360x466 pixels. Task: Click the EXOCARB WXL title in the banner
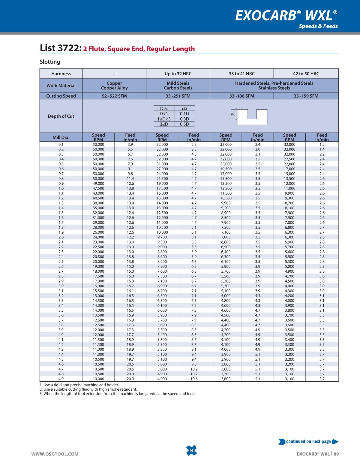[x=286, y=15]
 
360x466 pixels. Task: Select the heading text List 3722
[x=60, y=48]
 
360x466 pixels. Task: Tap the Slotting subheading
[x=50, y=62]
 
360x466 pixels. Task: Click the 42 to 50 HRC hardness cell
[x=306, y=74]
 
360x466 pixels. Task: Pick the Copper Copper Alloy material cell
[x=114, y=86]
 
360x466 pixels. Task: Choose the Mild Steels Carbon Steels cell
[x=178, y=86]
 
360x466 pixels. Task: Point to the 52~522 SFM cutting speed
[x=114, y=96]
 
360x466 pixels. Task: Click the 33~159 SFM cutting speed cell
[x=306, y=96]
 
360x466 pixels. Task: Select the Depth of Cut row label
[x=61, y=116]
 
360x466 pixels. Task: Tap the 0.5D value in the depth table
[x=184, y=124]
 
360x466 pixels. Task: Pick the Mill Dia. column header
[x=61, y=138]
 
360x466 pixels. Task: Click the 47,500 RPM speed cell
[x=98, y=188]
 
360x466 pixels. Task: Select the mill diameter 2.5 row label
[x=61, y=262]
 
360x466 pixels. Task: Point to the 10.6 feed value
[x=194, y=379]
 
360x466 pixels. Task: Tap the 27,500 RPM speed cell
[x=289, y=159]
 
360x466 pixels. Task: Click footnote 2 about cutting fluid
[x=88, y=389]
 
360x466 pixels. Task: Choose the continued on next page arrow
[x=335, y=441]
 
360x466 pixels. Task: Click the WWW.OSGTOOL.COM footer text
[x=55, y=454]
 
